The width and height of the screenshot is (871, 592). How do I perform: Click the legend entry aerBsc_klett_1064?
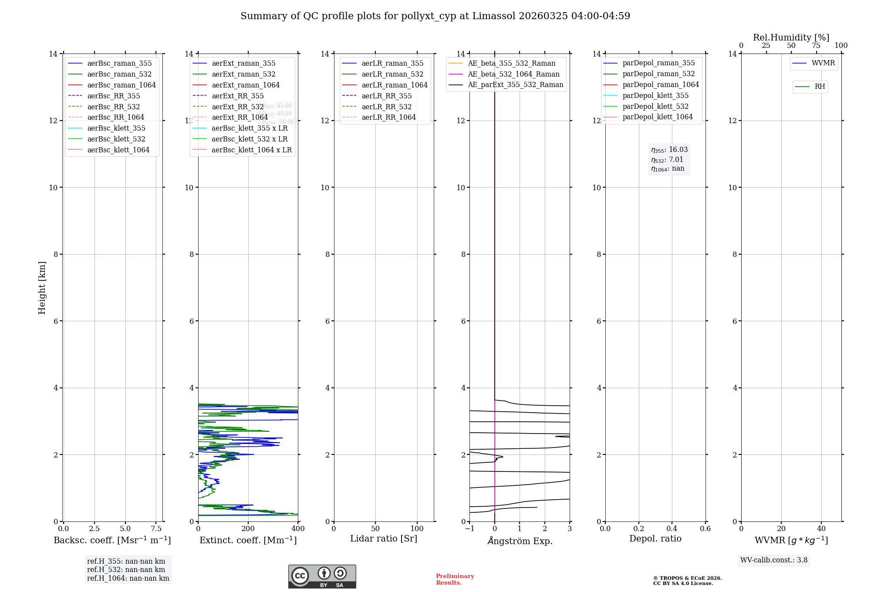(118, 150)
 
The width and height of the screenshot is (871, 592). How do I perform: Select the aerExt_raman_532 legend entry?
(243, 74)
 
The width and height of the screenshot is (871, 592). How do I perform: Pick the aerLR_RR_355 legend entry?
(386, 96)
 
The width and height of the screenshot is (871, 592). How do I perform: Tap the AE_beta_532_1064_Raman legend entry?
(513, 74)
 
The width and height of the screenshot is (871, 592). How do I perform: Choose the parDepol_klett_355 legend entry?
(655, 95)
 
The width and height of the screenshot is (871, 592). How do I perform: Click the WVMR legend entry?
(823, 63)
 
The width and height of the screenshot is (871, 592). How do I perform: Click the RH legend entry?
(820, 87)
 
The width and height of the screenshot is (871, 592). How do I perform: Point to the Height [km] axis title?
(42, 288)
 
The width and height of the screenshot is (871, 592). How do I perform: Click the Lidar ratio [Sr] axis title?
(384, 538)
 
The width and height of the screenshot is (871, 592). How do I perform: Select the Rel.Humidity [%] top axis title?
(791, 37)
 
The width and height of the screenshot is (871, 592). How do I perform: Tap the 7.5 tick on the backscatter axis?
(156, 529)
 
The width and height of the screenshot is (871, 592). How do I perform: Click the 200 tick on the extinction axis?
(248, 529)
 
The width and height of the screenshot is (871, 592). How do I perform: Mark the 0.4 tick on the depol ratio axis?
(672, 529)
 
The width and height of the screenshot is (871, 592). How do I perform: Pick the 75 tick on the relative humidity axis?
(816, 46)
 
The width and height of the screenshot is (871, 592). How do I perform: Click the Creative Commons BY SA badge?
(322, 576)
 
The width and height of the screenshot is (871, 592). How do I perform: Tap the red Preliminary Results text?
(455, 579)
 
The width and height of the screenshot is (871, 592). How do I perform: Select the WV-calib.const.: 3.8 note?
(774, 560)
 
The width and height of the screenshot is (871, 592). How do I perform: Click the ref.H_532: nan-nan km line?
(126, 570)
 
